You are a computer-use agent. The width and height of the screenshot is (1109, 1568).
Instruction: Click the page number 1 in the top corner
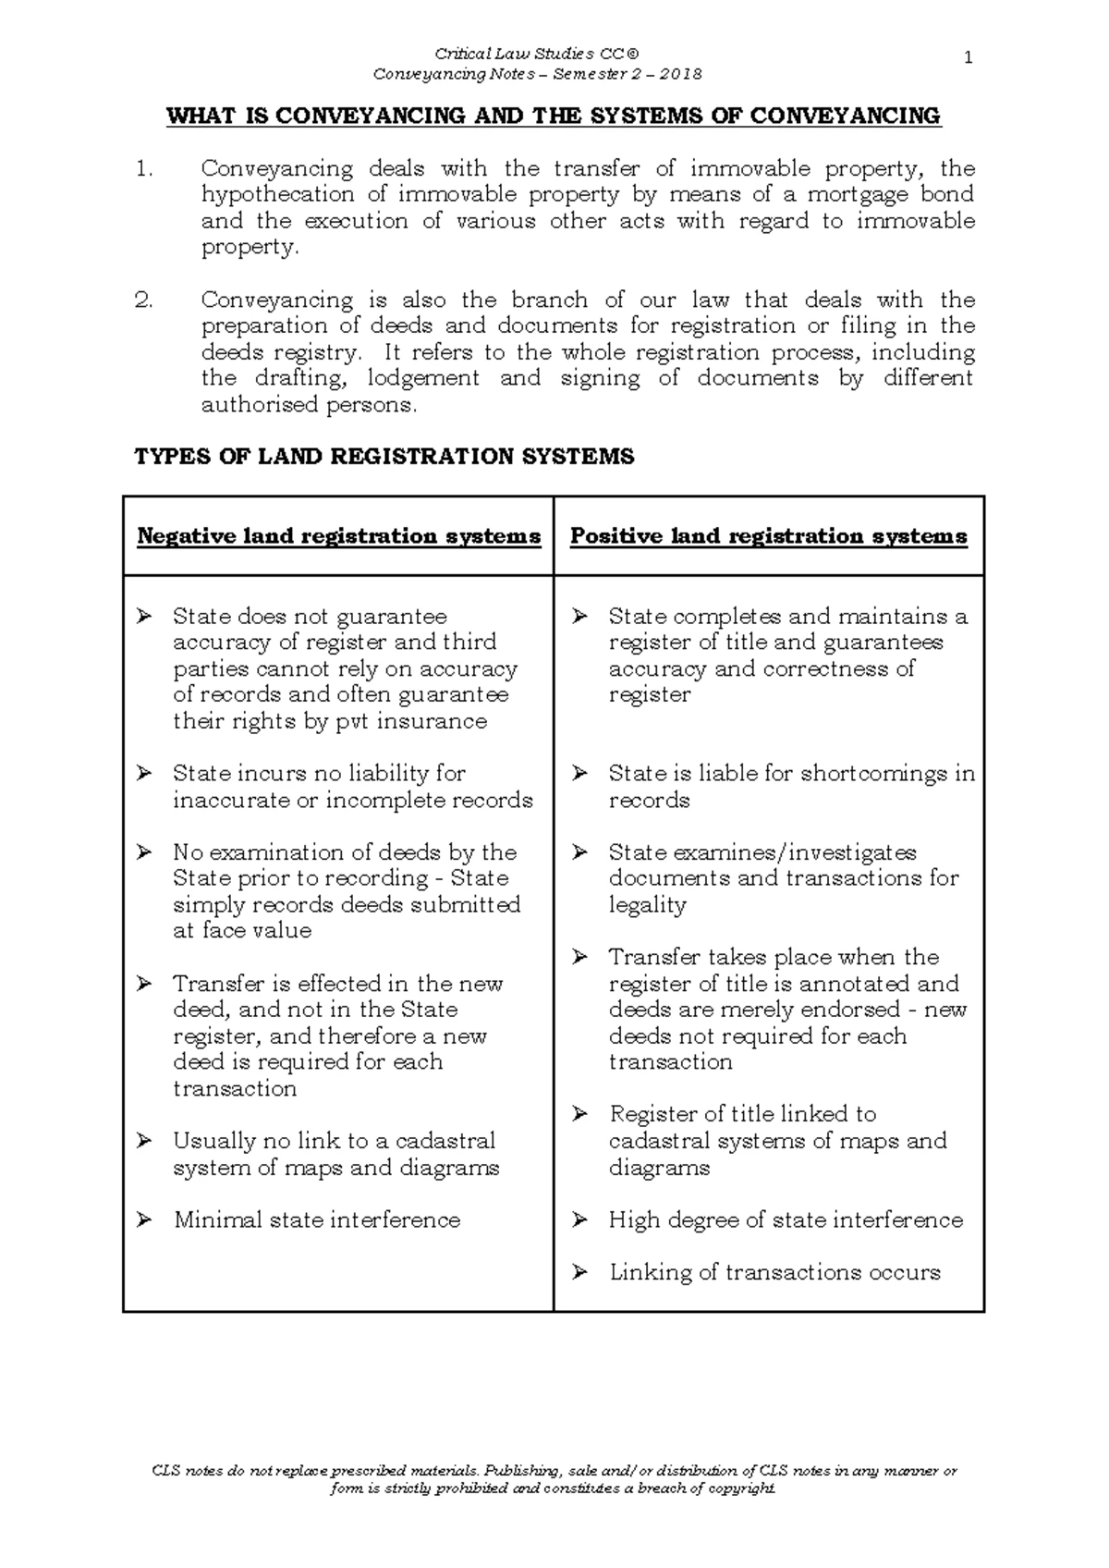968,58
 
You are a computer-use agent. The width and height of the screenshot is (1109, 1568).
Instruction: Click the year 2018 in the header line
681,74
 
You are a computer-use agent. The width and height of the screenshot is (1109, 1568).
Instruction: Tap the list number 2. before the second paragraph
143,300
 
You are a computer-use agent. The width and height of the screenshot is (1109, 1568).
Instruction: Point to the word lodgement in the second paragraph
423,378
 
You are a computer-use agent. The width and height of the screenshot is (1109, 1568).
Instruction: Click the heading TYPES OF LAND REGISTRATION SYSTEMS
384,457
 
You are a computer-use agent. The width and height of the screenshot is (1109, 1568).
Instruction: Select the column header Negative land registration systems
338,536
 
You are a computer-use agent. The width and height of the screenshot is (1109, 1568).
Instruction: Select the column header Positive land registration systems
768,536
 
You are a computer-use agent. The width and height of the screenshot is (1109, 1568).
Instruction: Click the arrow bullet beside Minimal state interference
144,1220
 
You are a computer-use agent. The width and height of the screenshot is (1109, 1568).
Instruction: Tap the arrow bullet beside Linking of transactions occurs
579,1273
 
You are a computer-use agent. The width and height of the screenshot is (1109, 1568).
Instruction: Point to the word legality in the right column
647,904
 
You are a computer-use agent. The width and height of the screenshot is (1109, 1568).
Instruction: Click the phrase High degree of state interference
786,1220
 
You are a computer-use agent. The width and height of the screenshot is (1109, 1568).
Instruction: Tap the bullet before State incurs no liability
144,774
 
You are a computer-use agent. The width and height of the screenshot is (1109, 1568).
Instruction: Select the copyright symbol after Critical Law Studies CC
632,55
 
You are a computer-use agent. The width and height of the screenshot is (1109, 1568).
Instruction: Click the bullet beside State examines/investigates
579,852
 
